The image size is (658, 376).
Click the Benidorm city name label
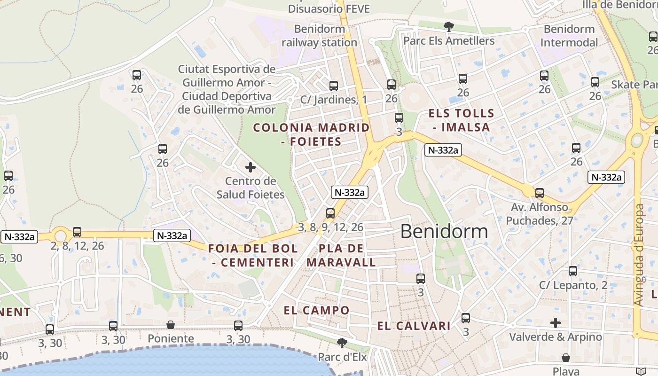[444, 231]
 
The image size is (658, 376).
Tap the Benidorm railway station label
[319, 36]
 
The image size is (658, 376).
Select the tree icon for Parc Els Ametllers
[449, 26]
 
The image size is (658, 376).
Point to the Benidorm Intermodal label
[569, 36]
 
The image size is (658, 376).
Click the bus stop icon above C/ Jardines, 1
[334, 86]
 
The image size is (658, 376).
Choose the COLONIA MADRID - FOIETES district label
[311, 134]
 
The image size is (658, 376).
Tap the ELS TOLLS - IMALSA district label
[461, 120]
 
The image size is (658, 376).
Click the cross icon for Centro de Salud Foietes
[251, 167]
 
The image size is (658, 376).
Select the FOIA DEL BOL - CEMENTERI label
[253, 255]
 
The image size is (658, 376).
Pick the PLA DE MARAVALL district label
[341, 255]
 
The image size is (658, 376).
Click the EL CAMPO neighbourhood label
[317, 310]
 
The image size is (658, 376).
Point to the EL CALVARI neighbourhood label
[414, 326]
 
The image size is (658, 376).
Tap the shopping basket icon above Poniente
[171, 325]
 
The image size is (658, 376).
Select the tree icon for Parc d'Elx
[342, 343]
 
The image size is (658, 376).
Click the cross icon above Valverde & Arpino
[556, 323]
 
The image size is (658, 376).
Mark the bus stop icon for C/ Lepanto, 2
[573, 271]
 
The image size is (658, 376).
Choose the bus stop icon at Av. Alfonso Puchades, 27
[540, 193]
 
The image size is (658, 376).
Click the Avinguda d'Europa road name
[638, 255]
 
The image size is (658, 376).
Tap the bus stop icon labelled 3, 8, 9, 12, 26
[330, 213]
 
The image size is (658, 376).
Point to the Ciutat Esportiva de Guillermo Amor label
[227, 89]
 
